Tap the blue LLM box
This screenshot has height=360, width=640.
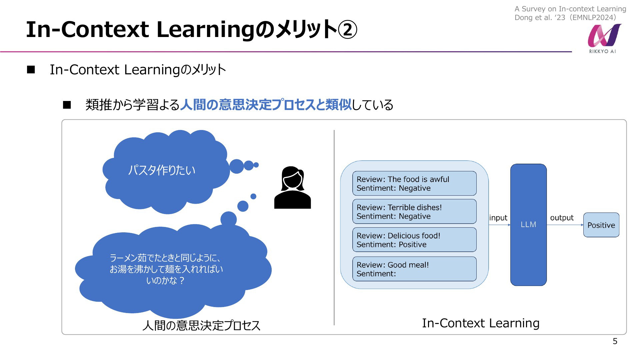pyautogui.click(x=528, y=225)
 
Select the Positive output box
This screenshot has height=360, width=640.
pyautogui.click(x=601, y=225)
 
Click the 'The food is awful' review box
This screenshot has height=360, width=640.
pyautogui.click(x=414, y=183)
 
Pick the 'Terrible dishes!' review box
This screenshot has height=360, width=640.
pyautogui.click(x=414, y=211)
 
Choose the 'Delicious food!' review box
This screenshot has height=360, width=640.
pyautogui.click(x=414, y=240)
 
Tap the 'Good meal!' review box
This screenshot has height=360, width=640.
pyautogui.click(x=414, y=269)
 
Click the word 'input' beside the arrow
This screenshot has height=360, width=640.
pyautogui.click(x=498, y=218)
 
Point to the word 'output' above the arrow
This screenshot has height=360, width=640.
pyautogui.click(x=562, y=218)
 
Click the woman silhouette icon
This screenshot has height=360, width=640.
pyautogui.click(x=292, y=187)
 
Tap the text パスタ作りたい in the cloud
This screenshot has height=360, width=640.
pyautogui.click(x=162, y=170)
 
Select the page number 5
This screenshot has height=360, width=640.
pyautogui.click(x=615, y=341)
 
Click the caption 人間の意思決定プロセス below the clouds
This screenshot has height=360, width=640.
pyautogui.click(x=201, y=325)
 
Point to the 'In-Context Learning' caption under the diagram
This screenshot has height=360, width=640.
pyautogui.click(x=481, y=323)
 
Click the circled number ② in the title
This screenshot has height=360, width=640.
pyautogui.click(x=347, y=29)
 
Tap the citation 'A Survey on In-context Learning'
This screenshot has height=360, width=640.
pyautogui.click(x=570, y=9)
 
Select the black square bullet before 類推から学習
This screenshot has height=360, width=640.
pyautogui.click(x=67, y=105)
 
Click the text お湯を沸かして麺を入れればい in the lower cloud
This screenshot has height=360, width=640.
pyautogui.click(x=166, y=269)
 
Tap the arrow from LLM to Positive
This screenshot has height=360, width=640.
pyautogui.click(x=565, y=225)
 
